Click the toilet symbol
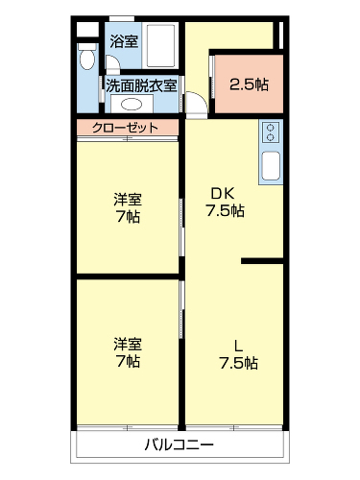coord(87,57)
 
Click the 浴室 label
coord(124,41)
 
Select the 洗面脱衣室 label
coord(141,85)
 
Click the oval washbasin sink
coord(132,105)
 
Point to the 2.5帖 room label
coord(249,84)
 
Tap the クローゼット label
coord(125,128)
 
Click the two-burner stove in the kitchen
coord(271,132)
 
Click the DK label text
coord(223,194)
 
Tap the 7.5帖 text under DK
coord(225,211)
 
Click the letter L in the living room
coord(238,346)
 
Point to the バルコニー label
coord(179,445)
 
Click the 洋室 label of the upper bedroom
coord(128,200)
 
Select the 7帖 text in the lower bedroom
coord(128,362)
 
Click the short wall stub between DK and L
coord(262,261)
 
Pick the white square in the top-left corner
coord(87,30)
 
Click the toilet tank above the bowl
coord(87,47)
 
